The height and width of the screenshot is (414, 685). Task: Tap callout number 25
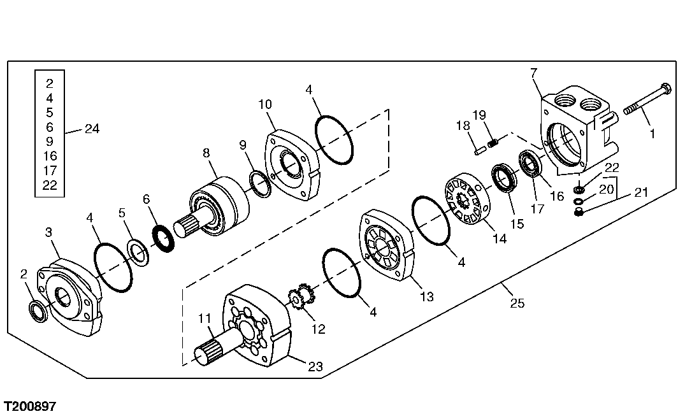click(517, 304)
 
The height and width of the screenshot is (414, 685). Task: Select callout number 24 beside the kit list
click(92, 129)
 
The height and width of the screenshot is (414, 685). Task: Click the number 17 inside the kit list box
click(50, 171)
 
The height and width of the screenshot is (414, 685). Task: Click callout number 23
click(315, 366)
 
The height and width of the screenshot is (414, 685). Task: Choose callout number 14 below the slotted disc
click(499, 239)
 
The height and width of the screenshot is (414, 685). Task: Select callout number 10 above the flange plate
click(265, 103)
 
